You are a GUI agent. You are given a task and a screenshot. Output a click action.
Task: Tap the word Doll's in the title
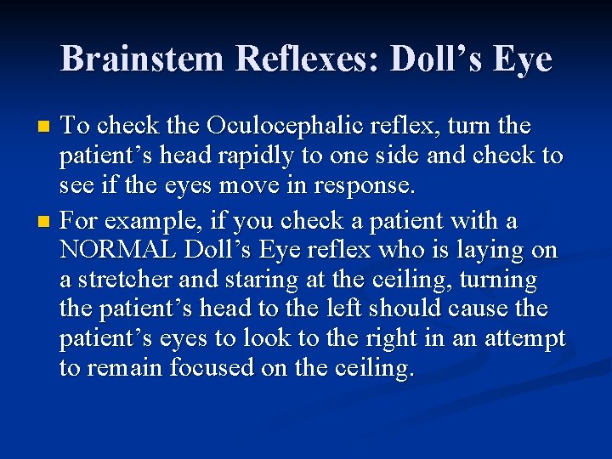click(447, 59)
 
